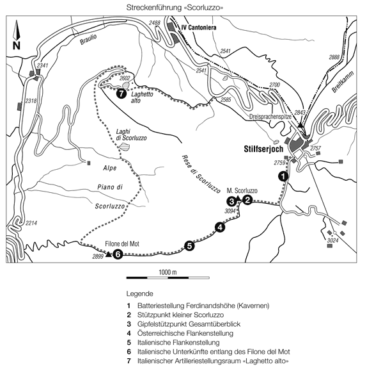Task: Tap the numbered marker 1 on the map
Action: point(283,176)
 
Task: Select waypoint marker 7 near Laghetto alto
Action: point(121,94)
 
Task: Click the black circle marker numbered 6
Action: point(118,254)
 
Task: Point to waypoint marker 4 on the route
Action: point(220,227)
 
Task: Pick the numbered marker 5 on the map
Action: point(189,246)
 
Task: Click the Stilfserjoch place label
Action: point(263,149)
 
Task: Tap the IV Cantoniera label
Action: point(199,28)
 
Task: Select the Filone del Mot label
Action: point(122,243)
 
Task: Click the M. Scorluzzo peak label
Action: point(242,191)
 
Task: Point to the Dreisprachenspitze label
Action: point(270,117)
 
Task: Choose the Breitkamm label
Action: point(343,81)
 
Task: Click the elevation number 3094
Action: point(230,211)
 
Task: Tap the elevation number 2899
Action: point(98,256)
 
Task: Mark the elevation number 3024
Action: point(332,240)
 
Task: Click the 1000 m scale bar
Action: point(168,277)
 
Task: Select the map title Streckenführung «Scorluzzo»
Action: point(175,8)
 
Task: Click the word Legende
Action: point(140,293)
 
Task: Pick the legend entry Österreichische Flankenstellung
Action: point(185,333)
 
